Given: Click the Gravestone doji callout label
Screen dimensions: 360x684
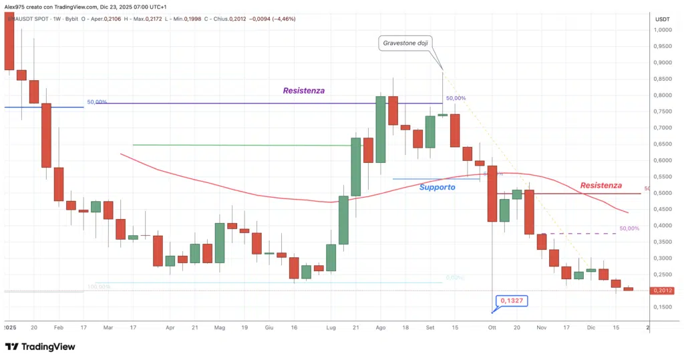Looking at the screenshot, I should pos(406,43).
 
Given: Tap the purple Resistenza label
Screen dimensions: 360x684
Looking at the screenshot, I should pos(303,90).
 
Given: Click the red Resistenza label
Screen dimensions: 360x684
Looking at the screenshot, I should pos(601,185).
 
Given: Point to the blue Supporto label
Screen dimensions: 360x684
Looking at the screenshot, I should pos(437,187).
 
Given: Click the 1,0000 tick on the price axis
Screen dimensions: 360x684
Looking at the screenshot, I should pos(663,30).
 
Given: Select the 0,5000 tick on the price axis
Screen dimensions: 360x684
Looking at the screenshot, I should pos(663,193).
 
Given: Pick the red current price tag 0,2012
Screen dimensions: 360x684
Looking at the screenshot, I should pos(663,291).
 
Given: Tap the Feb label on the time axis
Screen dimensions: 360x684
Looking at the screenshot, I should pos(58,328).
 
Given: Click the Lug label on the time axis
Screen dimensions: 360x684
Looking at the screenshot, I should pos(331,328).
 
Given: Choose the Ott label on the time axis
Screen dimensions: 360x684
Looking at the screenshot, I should pos(492,328).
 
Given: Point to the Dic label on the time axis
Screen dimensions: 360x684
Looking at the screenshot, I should pos(591,328).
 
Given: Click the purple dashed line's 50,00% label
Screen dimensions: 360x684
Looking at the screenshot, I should pos(629,228).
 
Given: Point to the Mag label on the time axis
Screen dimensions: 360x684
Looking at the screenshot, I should pos(221,328).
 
